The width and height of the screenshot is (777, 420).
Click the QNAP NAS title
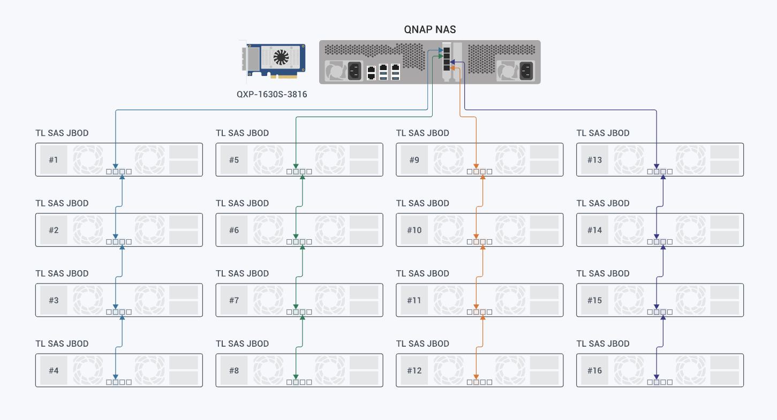[430, 29]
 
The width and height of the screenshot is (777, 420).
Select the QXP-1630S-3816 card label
[271, 94]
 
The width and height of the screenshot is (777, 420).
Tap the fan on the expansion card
[281, 57]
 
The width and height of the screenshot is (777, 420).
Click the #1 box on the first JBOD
[54, 160]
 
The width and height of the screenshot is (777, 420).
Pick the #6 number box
[234, 230]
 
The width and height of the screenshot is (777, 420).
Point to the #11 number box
[414, 300]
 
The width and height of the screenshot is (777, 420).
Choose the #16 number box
[594, 370]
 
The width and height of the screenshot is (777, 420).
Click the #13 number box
[594, 160]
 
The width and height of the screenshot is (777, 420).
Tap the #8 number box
[234, 370]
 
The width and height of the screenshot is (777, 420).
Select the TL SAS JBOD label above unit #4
[62, 344]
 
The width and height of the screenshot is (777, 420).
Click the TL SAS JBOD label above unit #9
[423, 133]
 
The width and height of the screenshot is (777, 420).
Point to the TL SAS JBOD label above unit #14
[603, 203]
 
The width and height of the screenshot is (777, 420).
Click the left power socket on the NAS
[354, 71]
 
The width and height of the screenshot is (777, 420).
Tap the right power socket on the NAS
[526, 71]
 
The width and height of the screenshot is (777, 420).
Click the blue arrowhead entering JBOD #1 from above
[116, 166]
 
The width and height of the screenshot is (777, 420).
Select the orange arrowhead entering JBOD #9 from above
[476, 166]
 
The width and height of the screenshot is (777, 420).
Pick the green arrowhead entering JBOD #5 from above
[296, 166]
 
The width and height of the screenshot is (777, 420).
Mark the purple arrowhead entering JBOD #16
[657, 377]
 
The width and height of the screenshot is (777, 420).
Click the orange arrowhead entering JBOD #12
[476, 377]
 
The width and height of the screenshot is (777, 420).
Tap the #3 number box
[54, 300]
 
